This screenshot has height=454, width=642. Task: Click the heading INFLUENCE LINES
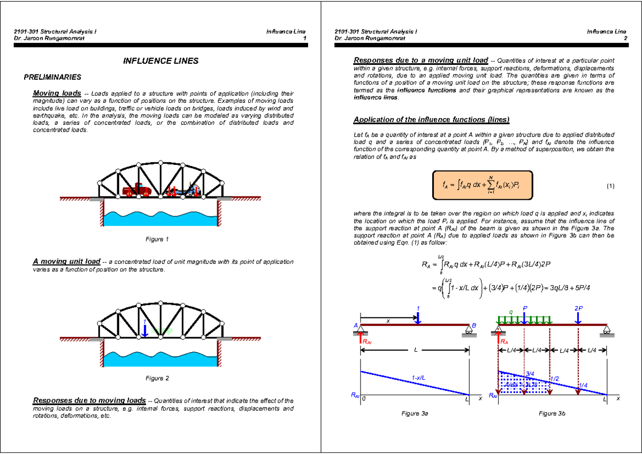pyautogui.click(x=160, y=61)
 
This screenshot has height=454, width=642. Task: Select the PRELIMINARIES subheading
pyautogui.click(x=53, y=77)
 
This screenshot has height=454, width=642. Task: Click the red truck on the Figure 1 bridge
pyautogui.click(x=137, y=190)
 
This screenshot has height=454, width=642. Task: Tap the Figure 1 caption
pyautogui.click(x=157, y=239)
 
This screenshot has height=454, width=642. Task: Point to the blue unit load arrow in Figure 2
pyautogui.click(x=145, y=328)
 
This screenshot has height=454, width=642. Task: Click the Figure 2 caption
pyautogui.click(x=157, y=379)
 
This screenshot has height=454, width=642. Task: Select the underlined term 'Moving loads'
pyautogui.click(x=57, y=93)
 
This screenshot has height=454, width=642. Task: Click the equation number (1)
pyautogui.click(x=610, y=186)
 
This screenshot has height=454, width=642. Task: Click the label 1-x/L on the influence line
pyautogui.click(x=419, y=378)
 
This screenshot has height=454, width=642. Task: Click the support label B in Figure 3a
pyautogui.click(x=474, y=326)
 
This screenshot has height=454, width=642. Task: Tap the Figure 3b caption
pyautogui.click(x=552, y=414)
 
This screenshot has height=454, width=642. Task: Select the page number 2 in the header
pyautogui.click(x=624, y=39)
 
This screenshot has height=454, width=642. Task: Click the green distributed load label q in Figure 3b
pyautogui.click(x=510, y=312)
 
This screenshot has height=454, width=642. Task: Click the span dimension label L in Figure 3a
pyautogui.click(x=415, y=350)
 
